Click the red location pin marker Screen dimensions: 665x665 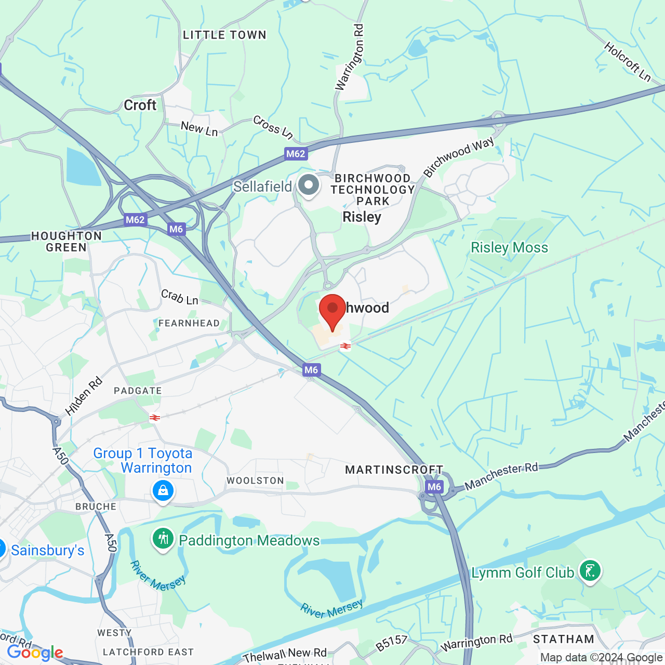tap(332, 310)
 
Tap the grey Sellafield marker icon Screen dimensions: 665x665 tap(309, 185)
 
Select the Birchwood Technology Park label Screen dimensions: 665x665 tap(373, 190)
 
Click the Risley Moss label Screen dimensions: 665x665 tap(509, 247)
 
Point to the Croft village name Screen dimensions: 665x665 tap(140, 105)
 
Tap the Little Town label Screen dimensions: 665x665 tap(224, 35)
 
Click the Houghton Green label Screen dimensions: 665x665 tap(66, 242)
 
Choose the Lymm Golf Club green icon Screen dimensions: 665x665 tap(590, 570)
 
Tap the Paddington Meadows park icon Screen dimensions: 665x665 tap(163, 539)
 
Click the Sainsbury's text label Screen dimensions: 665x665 tap(48, 550)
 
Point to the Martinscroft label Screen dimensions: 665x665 tap(394, 470)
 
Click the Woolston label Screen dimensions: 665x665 tap(255, 481)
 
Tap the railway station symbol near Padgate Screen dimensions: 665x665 tap(154, 418)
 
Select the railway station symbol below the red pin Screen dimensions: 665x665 tap(345, 346)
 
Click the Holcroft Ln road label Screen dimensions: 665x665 tap(628, 62)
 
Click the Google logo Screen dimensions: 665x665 tap(35, 653)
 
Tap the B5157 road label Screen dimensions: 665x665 tap(392, 643)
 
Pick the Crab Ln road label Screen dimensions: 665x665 tap(180, 297)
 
